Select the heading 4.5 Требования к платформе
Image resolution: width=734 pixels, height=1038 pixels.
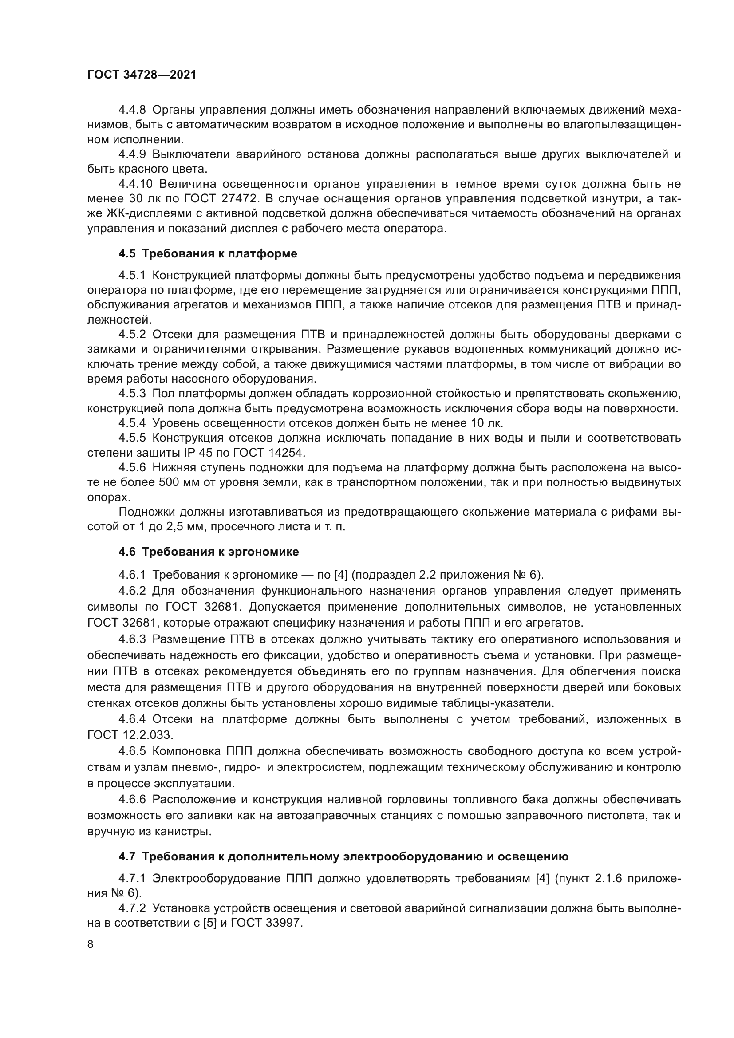click(207, 254)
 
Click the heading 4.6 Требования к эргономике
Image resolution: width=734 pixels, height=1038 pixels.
click(209, 552)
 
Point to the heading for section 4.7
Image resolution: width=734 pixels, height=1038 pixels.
click(343, 856)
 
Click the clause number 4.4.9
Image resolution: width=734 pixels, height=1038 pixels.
click(132, 154)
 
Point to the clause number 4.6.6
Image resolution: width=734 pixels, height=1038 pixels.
click(132, 799)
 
